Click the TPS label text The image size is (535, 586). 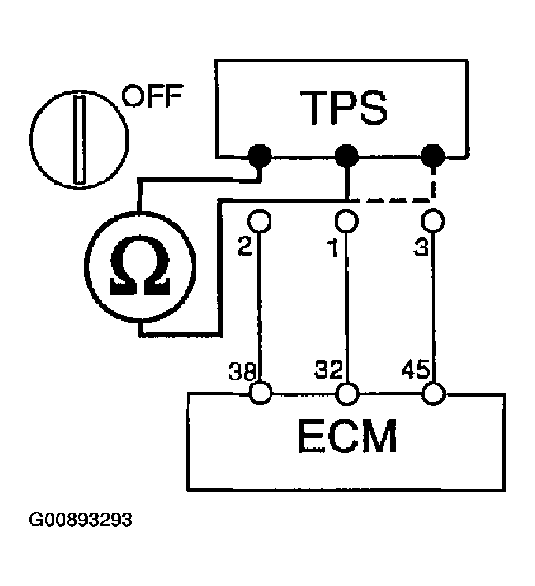coord(346,108)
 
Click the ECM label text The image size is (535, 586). coord(346,438)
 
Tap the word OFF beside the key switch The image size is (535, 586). coord(152,99)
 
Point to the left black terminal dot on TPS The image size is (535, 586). coord(258,155)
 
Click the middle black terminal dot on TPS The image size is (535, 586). coord(346,155)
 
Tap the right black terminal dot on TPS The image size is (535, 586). coord(432,155)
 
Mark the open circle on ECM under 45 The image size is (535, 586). coord(432,392)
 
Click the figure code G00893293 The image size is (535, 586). coord(81,521)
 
